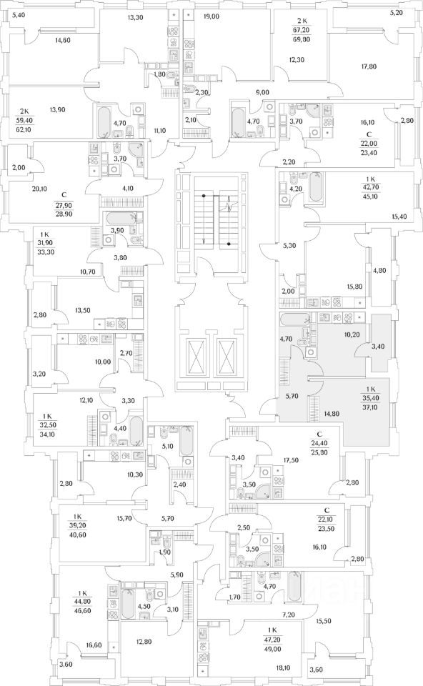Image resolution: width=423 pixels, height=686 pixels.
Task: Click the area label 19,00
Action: [x=211, y=16]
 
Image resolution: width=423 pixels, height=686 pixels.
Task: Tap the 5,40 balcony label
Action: [x=19, y=15]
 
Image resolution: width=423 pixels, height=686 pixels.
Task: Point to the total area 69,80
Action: [x=299, y=39]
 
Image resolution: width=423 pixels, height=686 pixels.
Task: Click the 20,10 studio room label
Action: [x=39, y=189]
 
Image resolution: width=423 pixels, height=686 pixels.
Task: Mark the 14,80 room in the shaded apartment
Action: [x=320, y=413]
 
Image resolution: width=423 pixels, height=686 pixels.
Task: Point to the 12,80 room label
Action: [x=141, y=642]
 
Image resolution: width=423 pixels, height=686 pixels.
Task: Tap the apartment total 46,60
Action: [x=83, y=610]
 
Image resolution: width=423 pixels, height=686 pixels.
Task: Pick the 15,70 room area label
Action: [x=124, y=519]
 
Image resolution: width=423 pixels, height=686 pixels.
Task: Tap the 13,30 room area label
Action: [x=132, y=18]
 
